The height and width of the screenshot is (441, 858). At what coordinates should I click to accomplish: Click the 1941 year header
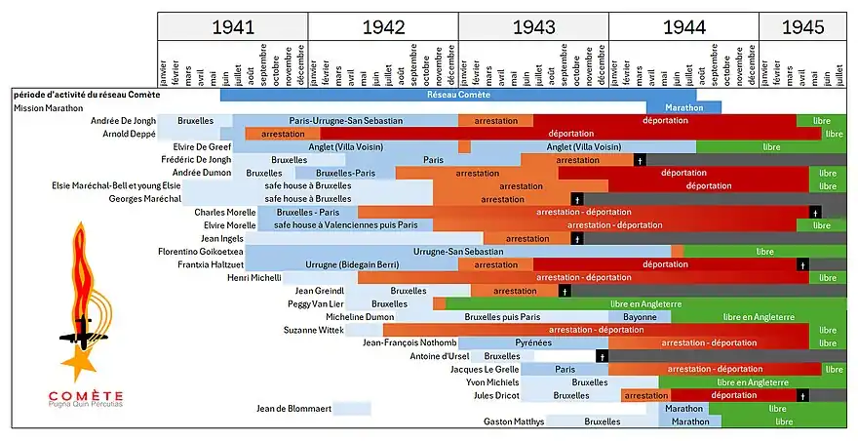click(233, 27)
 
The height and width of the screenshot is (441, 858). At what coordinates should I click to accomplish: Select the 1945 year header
click(802, 27)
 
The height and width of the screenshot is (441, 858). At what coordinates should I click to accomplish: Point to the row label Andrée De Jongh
click(123, 121)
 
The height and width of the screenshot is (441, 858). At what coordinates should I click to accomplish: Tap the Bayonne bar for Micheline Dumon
click(640, 317)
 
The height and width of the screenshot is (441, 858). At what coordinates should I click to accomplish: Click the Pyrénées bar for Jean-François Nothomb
click(533, 343)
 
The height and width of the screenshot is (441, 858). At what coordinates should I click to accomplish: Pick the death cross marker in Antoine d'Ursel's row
click(604, 356)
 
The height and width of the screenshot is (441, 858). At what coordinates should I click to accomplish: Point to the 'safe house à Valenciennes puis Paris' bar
click(345, 225)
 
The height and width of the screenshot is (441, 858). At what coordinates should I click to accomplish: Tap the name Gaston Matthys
click(514, 421)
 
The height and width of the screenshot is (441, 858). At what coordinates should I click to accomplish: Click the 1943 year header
click(533, 27)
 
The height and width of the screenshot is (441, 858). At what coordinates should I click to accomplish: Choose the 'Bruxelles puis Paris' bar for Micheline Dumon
click(502, 317)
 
